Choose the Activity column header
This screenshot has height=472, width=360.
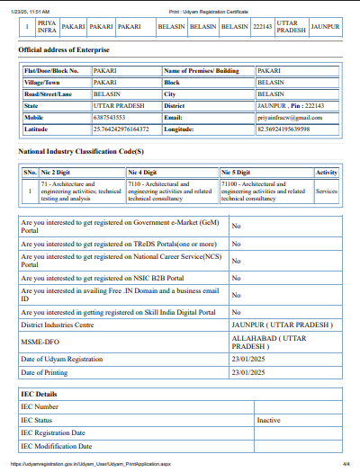[x=327, y=172]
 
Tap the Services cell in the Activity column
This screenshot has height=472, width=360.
[x=327, y=191]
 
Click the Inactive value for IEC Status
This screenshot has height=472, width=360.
[x=268, y=420]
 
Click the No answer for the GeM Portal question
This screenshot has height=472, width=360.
[x=236, y=227]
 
